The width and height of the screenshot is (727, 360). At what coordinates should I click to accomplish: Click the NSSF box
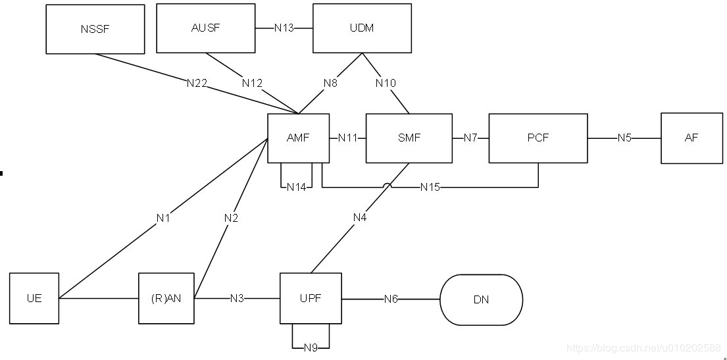coord(95,29)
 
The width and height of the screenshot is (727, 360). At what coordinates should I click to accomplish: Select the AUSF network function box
coord(205,28)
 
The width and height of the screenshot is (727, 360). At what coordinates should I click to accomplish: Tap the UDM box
coord(362,28)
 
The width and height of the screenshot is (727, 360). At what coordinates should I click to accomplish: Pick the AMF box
coord(299,138)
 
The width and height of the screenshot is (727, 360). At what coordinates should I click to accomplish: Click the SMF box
coord(409,138)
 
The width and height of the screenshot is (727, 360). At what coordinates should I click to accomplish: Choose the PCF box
coord(538,138)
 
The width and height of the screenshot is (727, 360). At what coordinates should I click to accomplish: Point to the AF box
coord(691,138)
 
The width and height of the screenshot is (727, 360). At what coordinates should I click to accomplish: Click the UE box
coord(34,298)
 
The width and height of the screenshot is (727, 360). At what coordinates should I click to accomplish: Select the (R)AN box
coord(166,298)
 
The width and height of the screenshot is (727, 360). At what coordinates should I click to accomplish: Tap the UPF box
coord(311,298)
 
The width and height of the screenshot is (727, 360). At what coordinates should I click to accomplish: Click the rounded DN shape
coord(481,299)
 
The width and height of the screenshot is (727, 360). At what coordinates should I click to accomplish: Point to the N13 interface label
coord(284,28)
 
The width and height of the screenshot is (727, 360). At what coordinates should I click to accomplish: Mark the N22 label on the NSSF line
coord(197,83)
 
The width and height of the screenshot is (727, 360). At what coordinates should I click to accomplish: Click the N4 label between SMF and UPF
coord(360,217)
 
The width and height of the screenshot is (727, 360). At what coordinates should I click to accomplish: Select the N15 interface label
coord(430,188)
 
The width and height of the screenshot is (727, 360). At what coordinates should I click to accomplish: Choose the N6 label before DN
coord(391,299)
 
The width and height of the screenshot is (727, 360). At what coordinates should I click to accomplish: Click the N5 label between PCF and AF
coord(624,138)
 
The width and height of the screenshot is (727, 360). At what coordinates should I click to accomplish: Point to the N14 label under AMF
coord(297,188)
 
